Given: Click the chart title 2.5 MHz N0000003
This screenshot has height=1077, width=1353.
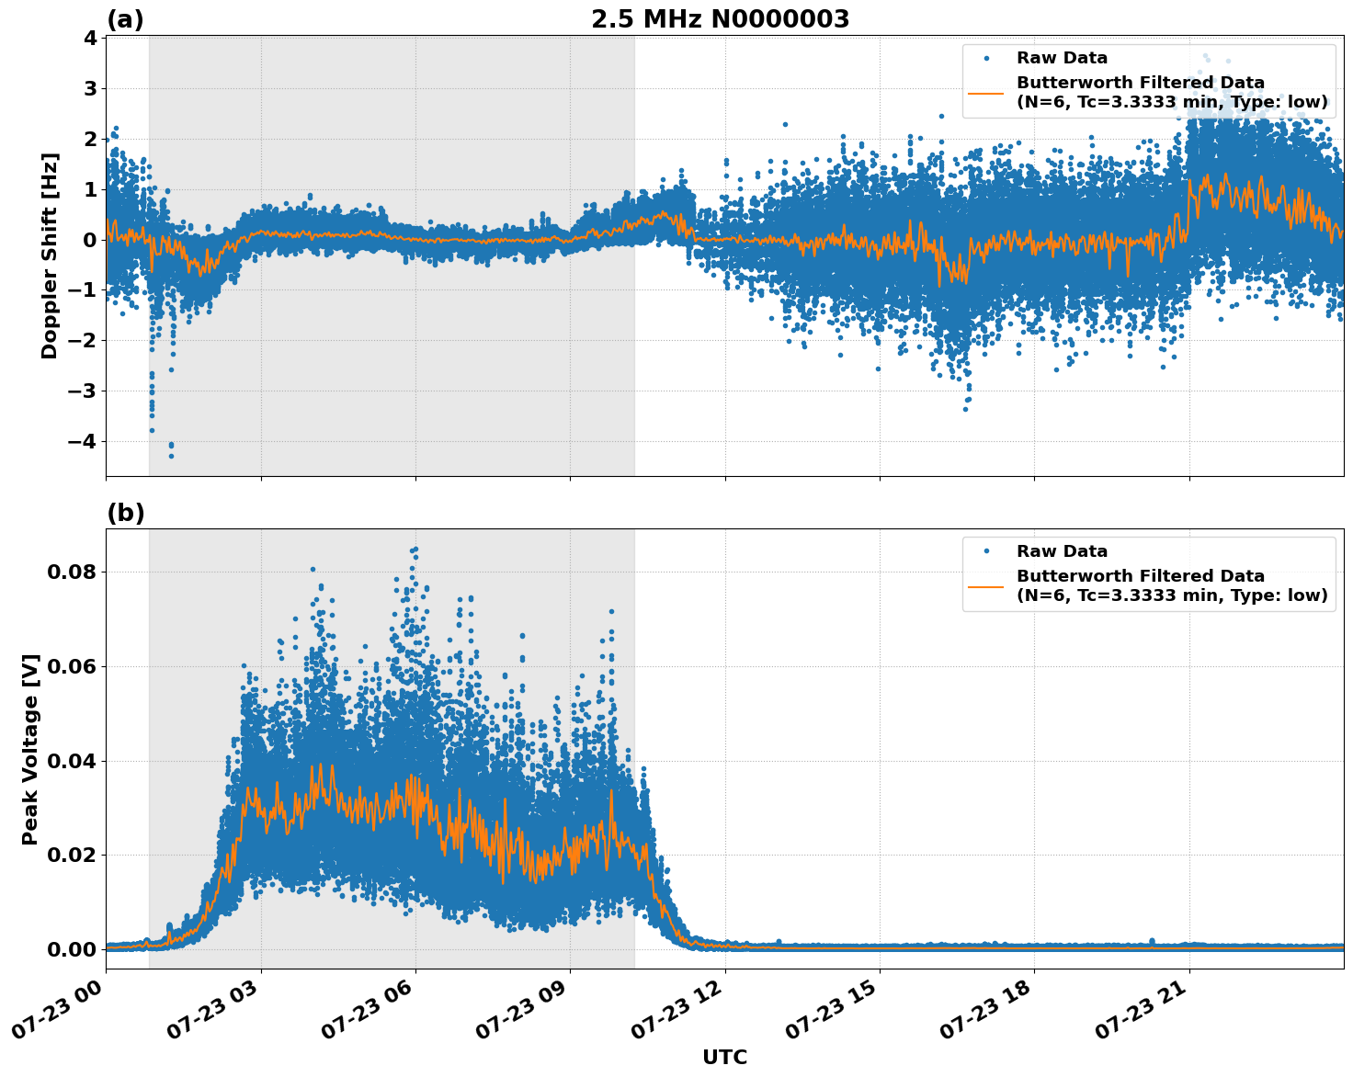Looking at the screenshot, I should click(720, 19).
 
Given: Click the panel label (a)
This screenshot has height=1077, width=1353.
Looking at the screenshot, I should click(125, 19).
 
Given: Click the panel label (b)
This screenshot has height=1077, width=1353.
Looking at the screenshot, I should click(125, 513).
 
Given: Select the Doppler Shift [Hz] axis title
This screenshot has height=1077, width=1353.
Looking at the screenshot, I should click(50, 255).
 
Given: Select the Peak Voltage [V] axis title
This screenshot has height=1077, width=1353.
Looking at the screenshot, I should click(30, 749).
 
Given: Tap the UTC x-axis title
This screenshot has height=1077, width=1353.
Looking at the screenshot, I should click(724, 1057).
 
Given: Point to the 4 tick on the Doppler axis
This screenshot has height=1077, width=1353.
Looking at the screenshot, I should click(89, 39).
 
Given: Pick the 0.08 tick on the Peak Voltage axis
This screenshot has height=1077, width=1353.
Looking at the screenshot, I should click(72, 572).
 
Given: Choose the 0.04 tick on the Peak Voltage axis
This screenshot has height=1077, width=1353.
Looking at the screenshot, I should click(72, 761).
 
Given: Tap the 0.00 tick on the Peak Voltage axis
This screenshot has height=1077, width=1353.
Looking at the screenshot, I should click(72, 949).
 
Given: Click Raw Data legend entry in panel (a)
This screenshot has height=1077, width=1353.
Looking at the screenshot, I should click(1062, 58).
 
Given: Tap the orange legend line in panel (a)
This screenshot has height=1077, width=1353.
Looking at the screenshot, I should click(985, 93).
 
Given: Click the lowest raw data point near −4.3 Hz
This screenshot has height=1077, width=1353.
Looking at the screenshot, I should click(171, 456).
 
